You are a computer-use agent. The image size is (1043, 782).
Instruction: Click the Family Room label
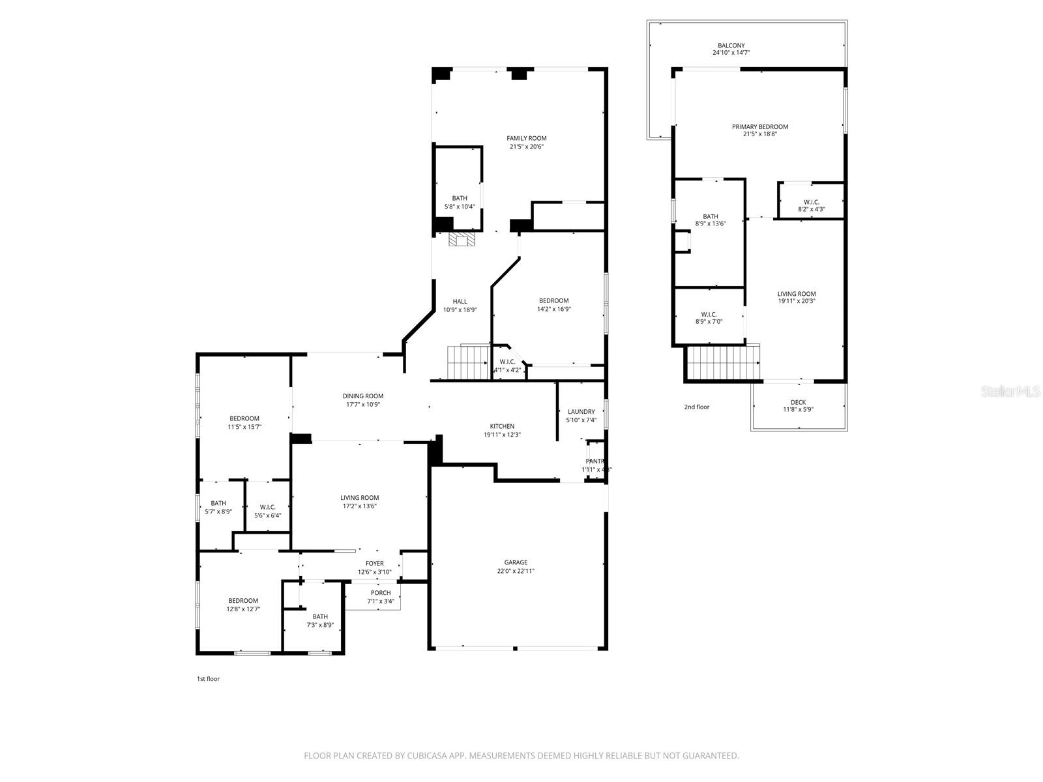pyautogui.click(x=527, y=138)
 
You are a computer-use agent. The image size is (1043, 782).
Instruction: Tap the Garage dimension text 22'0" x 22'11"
pyautogui.click(x=516, y=571)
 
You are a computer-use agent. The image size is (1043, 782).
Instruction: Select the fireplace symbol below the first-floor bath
pyautogui.click(x=462, y=240)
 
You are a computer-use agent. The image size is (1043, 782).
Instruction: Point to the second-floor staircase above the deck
pyautogui.click(x=724, y=362)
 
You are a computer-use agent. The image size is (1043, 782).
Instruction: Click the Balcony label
pyautogui.click(x=731, y=46)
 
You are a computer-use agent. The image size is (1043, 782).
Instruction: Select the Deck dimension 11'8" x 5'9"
pyautogui.click(x=799, y=410)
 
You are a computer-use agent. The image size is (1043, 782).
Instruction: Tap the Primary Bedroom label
pyautogui.click(x=759, y=127)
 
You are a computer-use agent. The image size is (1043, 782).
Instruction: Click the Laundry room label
pyautogui.click(x=581, y=412)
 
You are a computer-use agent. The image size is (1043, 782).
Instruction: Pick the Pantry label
pyautogui.click(x=595, y=461)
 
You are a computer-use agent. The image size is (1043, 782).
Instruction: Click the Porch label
pyautogui.click(x=381, y=593)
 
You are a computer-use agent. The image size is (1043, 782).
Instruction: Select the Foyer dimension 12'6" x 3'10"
pyautogui.click(x=374, y=572)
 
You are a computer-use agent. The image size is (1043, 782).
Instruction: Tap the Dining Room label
pyautogui.click(x=363, y=396)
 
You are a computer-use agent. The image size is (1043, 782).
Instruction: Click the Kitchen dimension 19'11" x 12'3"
pyautogui.click(x=502, y=435)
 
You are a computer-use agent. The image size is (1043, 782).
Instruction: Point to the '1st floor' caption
pyautogui.click(x=209, y=679)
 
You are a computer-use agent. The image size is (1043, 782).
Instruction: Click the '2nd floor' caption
pyautogui.click(x=696, y=407)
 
